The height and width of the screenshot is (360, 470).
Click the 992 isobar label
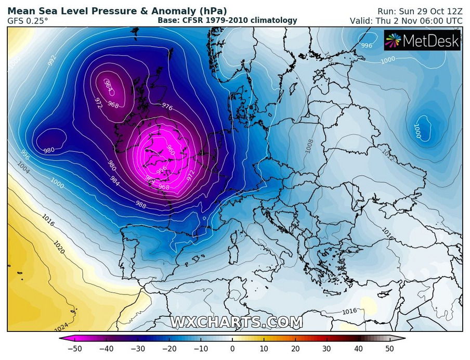click(x=51, y=60)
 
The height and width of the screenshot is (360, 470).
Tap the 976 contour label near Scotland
click(x=167, y=107)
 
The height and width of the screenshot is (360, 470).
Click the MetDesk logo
click(x=422, y=40)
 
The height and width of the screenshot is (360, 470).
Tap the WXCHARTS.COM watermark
click(x=236, y=322)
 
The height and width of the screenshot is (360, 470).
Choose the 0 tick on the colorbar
click(x=232, y=348)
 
